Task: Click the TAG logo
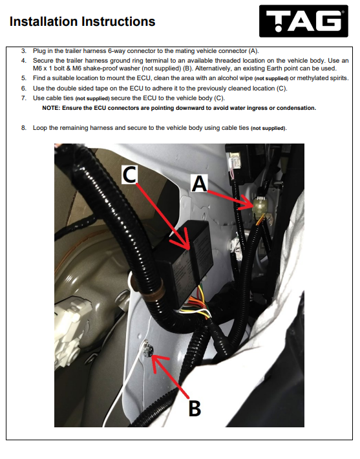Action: coord(304,21)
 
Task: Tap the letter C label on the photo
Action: coord(129,175)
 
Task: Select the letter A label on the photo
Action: coord(199,184)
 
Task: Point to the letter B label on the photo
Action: coord(195,408)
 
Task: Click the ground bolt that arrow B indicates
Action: coord(147,350)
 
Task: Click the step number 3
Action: coord(23,51)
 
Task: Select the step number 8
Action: coord(23,128)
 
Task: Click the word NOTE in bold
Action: coord(51,108)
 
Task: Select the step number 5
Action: coord(23,78)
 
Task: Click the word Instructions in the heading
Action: coord(118,21)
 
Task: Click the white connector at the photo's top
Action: coord(235,160)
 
